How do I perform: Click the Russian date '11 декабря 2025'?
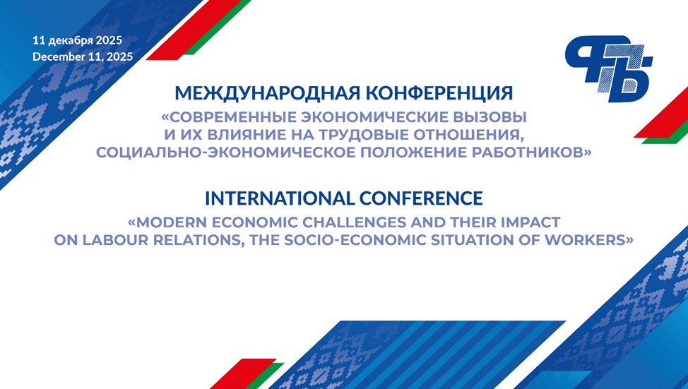point(77,40)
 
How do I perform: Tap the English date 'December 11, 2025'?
point(83,56)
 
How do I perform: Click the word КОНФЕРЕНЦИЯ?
point(439,93)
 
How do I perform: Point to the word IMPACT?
point(529,222)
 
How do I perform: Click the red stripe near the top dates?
point(194,30)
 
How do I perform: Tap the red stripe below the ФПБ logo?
point(660,112)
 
